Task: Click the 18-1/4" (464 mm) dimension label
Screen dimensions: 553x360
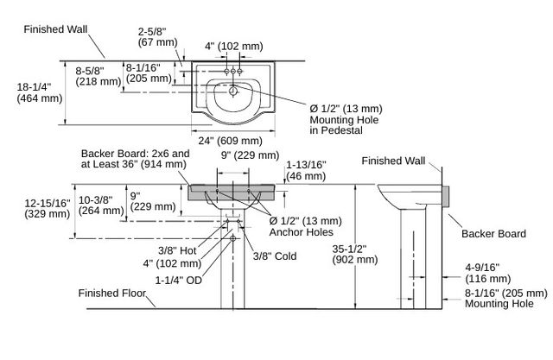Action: coord(40,92)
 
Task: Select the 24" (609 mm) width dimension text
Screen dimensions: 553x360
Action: coord(231,141)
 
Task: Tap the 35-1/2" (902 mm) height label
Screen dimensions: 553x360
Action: coord(355,255)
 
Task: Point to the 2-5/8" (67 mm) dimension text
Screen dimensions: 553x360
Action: coord(157,37)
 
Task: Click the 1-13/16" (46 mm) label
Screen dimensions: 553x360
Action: coord(306,170)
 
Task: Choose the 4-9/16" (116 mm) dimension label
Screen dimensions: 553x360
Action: coord(487,273)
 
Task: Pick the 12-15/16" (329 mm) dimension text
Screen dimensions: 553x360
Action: coord(48,209)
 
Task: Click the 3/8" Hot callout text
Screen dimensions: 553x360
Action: coord(177,251)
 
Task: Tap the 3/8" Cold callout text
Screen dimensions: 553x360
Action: coord(275,256)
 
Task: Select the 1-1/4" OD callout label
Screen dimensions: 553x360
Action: coord(179,280)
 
